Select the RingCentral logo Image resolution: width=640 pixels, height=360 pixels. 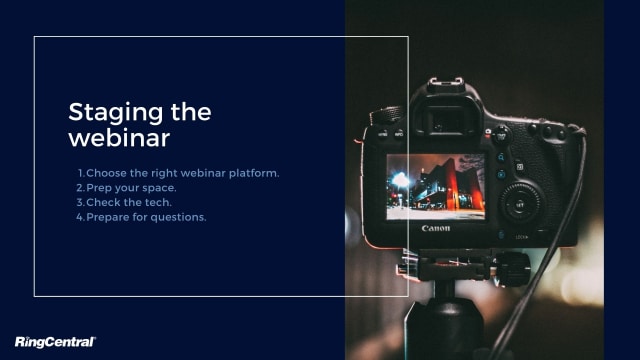[54, 342]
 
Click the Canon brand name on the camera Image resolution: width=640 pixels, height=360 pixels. [435, 228]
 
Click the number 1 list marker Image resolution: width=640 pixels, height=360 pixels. [80, 172]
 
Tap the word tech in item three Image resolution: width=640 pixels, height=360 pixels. [156, 202]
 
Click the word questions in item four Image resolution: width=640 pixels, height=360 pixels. [177, 217]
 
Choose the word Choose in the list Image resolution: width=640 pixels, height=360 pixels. [106, 172]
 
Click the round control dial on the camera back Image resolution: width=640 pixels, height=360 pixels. [521, 203]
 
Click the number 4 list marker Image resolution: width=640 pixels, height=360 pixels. [80, 217]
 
